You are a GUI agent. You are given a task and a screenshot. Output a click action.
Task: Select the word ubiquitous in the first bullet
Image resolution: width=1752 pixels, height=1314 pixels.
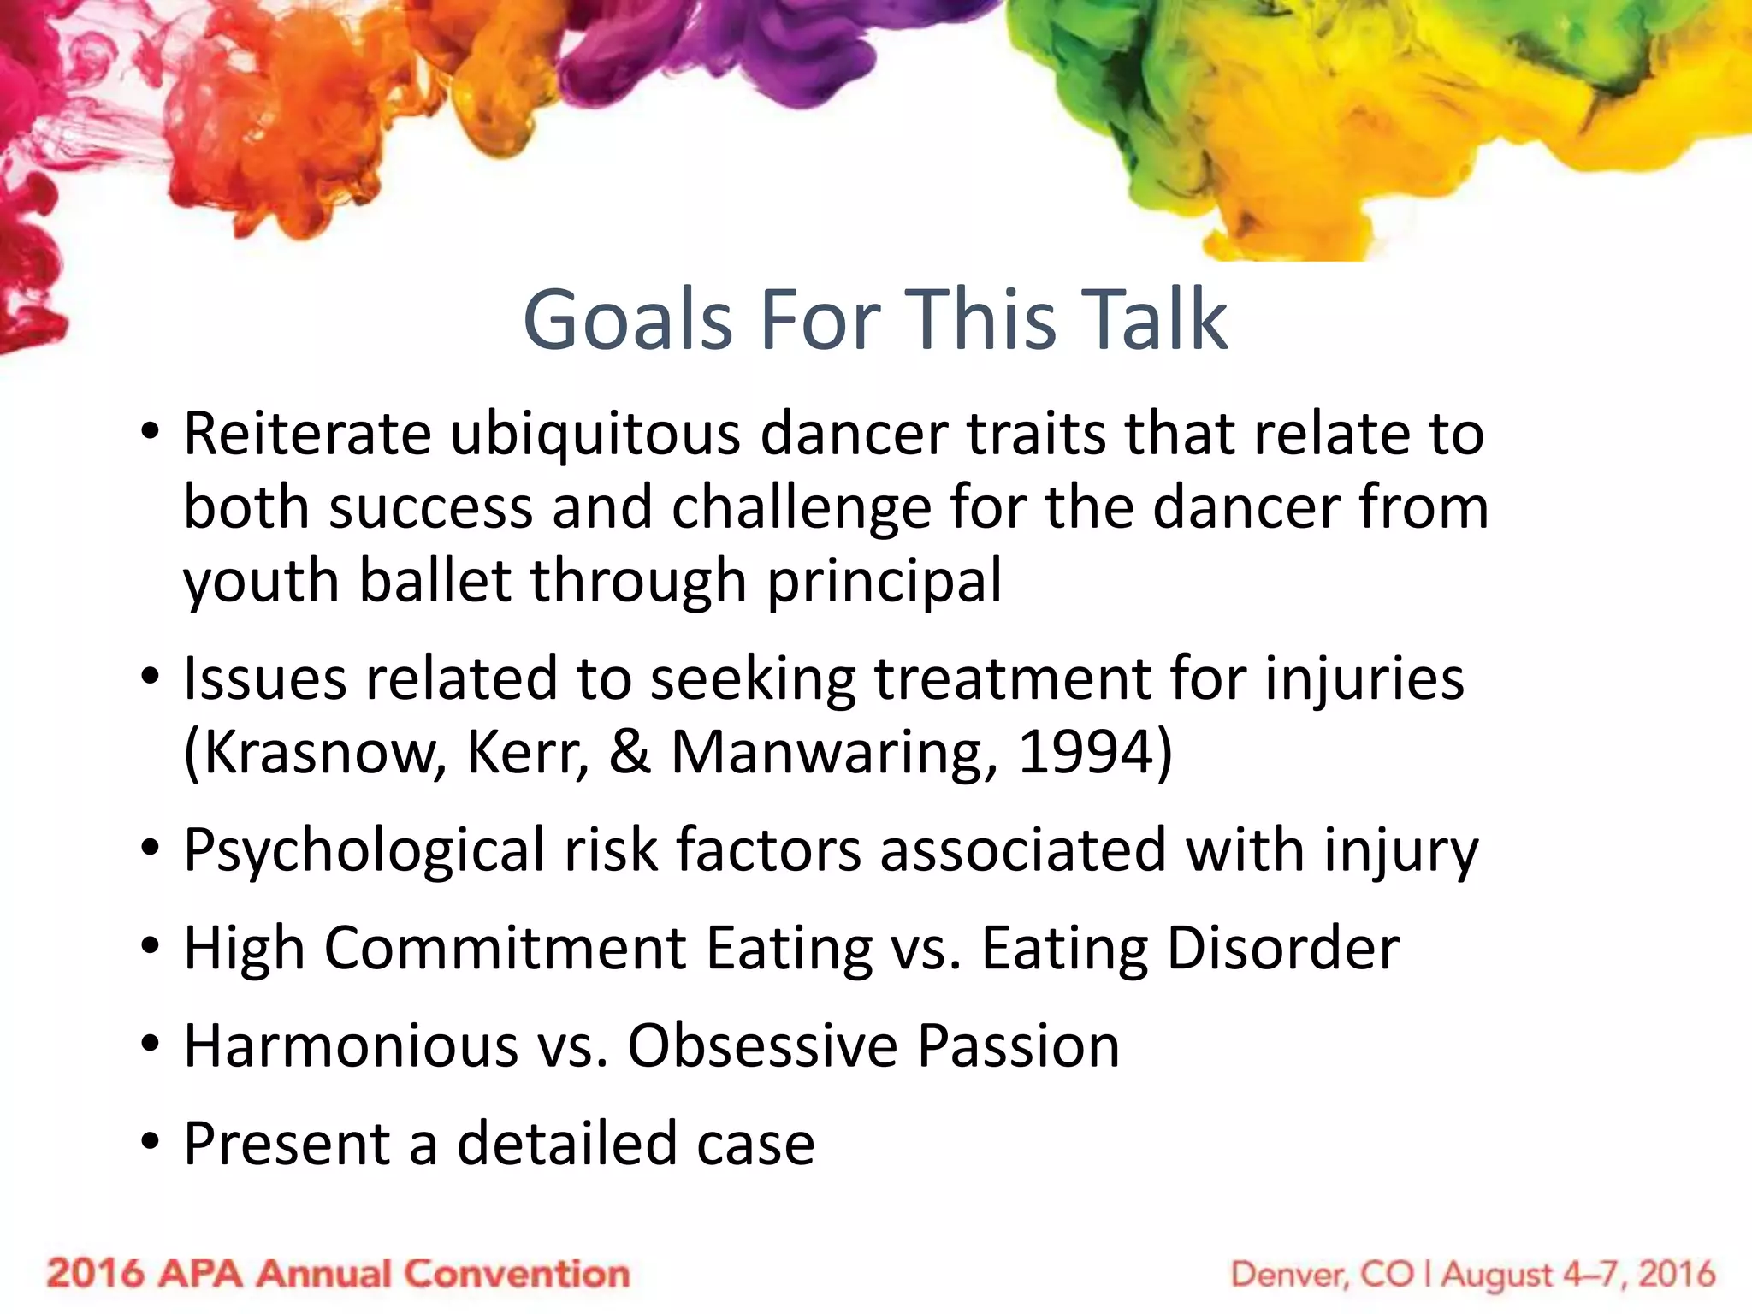coord(595,435)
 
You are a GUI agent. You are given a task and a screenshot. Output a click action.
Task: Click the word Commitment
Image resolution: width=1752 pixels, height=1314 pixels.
coord(505,949)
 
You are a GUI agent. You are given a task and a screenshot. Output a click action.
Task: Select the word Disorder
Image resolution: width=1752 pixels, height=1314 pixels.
coord(1283,949)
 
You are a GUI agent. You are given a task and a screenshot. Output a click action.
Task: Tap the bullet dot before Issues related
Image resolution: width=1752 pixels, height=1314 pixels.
coord(151,678)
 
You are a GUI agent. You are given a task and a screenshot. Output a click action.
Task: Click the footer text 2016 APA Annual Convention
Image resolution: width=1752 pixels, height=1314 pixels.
coord(338,1274)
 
